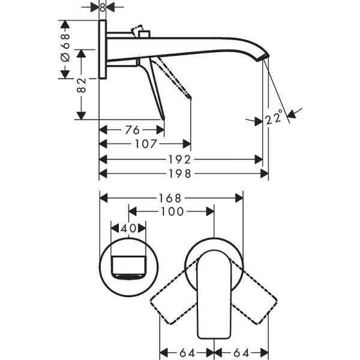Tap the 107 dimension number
pos(146,144)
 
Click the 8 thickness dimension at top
pos(103,7)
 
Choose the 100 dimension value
pos(172,212)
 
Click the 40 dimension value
pos(128,229)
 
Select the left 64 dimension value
pos(186,352)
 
